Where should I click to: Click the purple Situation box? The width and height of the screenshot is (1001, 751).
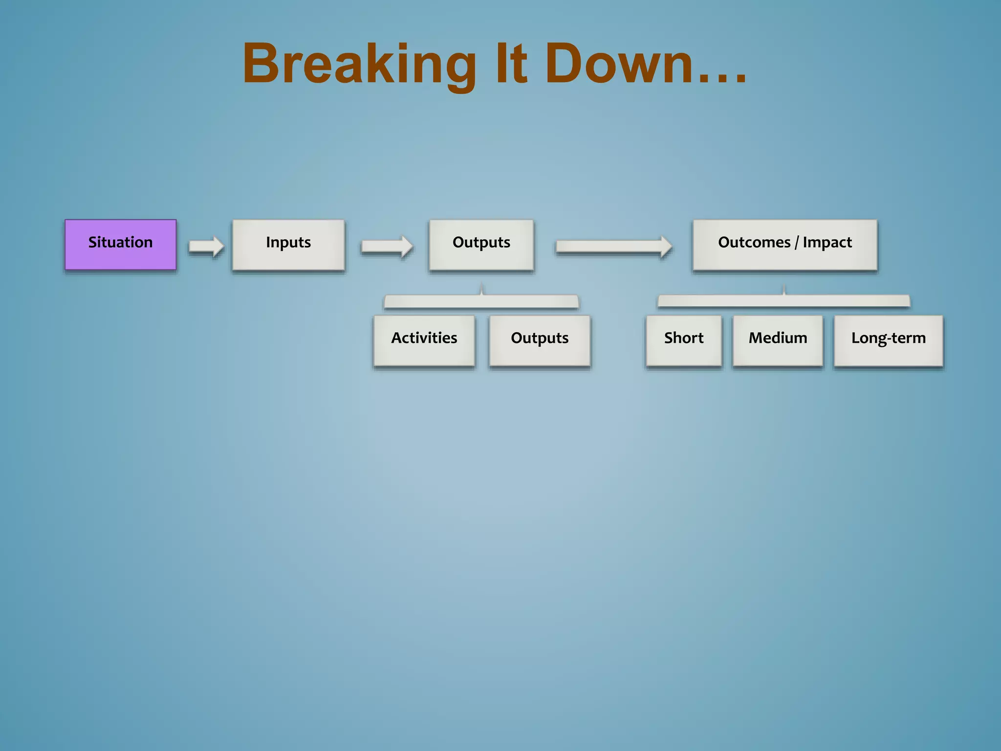120,244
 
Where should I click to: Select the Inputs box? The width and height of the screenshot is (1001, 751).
288,244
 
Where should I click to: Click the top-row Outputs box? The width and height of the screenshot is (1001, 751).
481,244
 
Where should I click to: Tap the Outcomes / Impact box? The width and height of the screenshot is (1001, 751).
785,244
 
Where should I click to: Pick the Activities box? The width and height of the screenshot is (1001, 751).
424,340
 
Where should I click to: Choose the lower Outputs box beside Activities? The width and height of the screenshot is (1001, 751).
540,340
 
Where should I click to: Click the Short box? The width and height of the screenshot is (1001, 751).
684,340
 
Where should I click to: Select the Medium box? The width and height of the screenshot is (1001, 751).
778,340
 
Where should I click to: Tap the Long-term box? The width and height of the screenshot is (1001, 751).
888,340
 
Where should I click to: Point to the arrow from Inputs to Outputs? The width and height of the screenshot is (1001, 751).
387,246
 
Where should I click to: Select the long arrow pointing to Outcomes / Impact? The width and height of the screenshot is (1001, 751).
614,246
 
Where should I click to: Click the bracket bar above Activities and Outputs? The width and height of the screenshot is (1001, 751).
481,302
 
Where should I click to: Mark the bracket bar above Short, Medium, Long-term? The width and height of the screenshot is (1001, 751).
783,301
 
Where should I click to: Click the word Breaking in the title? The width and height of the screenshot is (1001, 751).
359,65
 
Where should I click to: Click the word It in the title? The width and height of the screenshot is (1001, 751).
511,65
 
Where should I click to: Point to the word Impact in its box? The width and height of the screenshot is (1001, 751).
827,243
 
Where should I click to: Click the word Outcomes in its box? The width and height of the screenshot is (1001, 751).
754,243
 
